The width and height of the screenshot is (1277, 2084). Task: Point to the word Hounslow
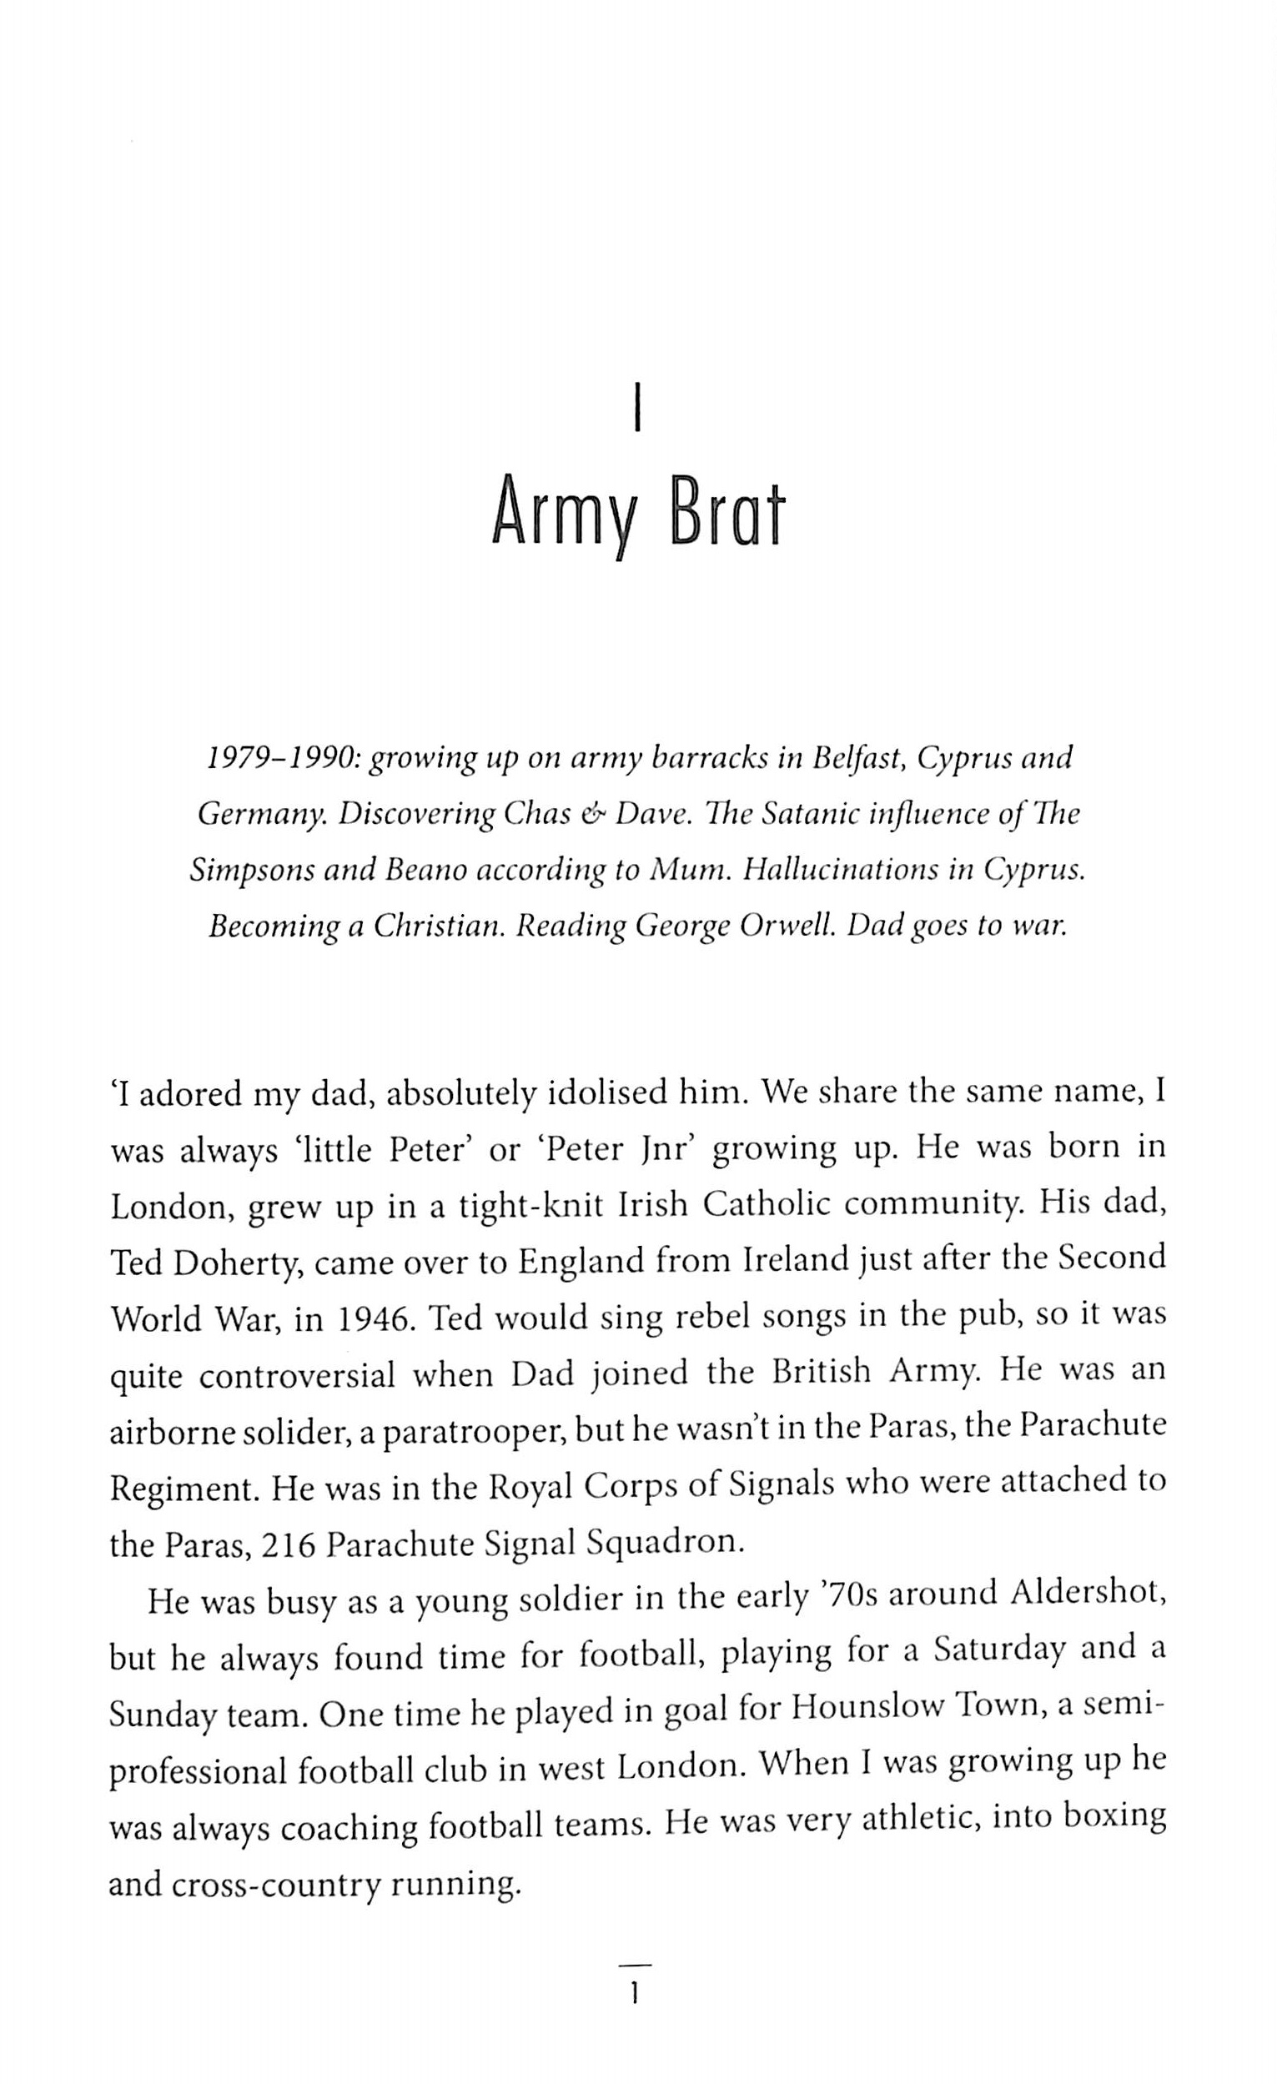pos(855,1706)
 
